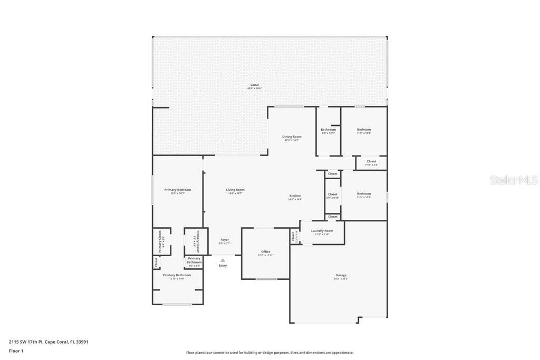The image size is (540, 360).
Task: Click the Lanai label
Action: [254, 85]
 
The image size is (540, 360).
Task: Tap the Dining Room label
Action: [292, 137]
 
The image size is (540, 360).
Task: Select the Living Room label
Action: [235, 190]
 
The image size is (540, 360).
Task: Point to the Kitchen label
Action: [295, 196]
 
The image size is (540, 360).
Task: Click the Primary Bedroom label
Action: [177, 190]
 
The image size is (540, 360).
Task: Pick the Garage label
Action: [341, 276]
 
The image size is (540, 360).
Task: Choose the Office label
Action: [266, 252]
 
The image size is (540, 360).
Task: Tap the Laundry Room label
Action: [322, 231]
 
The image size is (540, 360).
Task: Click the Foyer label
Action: [225, 240]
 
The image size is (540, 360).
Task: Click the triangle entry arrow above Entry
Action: [223, 260]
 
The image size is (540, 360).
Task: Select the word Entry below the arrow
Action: [223, 265]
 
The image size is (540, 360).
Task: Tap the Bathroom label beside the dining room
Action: [328, 130]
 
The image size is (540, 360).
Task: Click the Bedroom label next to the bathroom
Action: [364, 130]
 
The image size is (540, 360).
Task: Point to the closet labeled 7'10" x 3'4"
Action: [371, 162]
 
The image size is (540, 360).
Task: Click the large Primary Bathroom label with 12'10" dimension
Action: [177, 276]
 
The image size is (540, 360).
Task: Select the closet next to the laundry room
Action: [294, 237]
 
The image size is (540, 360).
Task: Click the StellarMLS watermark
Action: [514, 180]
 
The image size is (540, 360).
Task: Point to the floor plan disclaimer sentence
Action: [269, 353]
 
